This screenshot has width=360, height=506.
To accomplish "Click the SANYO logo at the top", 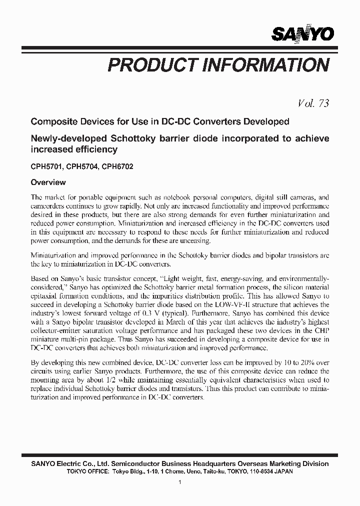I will coord(302,33).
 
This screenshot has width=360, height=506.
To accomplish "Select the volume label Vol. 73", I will coord(313,103).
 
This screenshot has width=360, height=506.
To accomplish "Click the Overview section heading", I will coord(48,182).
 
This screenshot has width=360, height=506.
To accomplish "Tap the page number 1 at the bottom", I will coord(179,482).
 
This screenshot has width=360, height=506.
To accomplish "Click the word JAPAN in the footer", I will coord(283,471).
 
